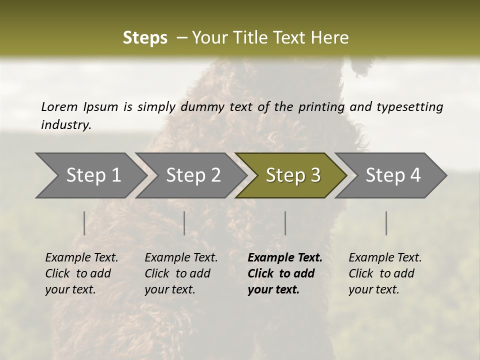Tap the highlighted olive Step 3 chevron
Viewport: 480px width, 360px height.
tap(292, 175)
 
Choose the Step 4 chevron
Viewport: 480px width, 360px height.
tap(392, 175)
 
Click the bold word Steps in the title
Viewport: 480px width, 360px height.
tap(145, 38)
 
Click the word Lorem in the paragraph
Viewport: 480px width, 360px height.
tap(59, 106)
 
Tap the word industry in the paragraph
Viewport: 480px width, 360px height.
tap(65, 125)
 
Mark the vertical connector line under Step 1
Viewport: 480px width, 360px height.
tap(84, 223)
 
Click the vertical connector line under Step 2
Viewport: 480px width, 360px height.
tap(184, 223)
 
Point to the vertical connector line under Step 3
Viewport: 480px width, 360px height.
tap(285, 223)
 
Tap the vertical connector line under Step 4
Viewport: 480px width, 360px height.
tap(386, 223)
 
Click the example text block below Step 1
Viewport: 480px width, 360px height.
tap(81, 273)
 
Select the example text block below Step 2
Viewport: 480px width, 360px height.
tap(181, 273)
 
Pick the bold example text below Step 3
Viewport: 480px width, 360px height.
tap(284, 273)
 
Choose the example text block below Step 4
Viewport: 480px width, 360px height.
tap(384, 273)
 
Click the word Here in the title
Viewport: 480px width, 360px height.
tap(331, 38)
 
